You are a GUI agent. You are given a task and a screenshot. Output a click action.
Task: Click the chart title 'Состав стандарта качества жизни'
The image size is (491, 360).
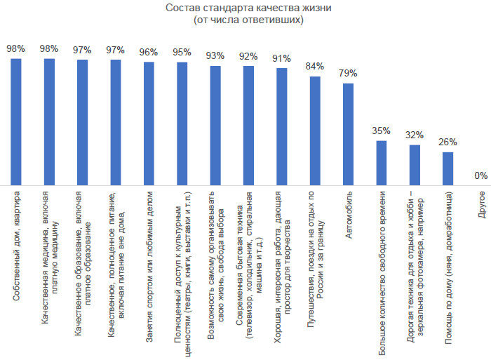click(x=248, y=8)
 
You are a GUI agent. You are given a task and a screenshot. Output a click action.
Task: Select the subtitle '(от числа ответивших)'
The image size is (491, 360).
click(x=248, y=20)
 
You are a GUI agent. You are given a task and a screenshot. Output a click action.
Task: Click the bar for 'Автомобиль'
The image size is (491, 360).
click(x=349, y=133)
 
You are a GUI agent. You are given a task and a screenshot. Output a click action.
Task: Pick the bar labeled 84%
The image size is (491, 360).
click(x=315, y=130)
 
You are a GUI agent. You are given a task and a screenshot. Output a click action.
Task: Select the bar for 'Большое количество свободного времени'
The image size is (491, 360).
click(x=382, y=162)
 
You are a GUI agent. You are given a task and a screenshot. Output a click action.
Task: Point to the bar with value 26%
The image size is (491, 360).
click(x=448, y=168)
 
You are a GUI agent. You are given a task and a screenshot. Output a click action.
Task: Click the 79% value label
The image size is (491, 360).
click(x=349, y=73)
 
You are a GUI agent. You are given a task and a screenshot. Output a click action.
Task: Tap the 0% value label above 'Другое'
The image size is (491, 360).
click(x=480, y=175)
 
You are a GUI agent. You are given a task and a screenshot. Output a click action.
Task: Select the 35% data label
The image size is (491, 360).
click(x=382, y=131)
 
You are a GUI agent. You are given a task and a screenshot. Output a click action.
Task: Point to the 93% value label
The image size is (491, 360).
click(x=215, y=55)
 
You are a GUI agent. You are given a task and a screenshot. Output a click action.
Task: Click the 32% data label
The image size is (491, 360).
click(x=415, y=135)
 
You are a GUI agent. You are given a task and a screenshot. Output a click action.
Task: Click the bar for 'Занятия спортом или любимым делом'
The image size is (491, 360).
click(x=149, y=123)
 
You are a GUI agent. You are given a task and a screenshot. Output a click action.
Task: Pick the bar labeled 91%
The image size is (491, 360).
click(x=282, y=126)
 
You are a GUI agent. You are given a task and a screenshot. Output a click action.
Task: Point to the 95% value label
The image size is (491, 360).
click(x=182, y=52)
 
